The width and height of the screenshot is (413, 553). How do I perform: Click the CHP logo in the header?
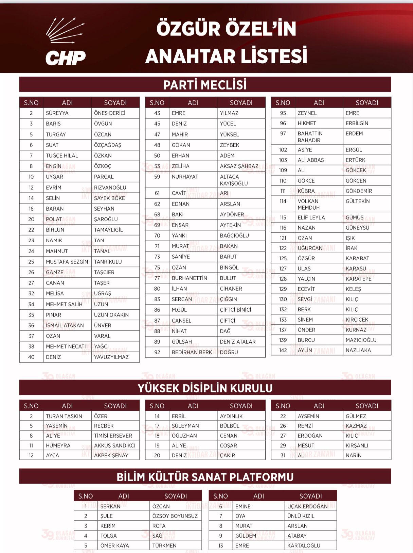tap(65, 42)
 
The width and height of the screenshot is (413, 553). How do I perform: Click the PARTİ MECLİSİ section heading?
tap(205, 85)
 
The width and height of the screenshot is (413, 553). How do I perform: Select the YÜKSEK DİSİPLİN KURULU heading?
tap(205, 388)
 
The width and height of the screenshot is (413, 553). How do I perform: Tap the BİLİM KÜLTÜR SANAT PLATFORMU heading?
tap(205, 477)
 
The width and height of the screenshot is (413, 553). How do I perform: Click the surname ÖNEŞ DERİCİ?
tap(109, 113)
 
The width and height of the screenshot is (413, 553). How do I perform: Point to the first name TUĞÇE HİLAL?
tap(62, 156)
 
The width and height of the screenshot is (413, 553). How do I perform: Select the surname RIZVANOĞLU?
tap(110, 188)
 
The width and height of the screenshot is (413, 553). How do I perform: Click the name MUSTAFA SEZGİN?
tap(67, 262)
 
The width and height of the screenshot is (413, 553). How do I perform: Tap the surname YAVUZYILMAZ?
tap(111, 357)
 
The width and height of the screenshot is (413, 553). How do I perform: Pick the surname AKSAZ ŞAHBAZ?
tap(239, 166)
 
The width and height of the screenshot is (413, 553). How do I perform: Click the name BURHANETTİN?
tap(189, 278)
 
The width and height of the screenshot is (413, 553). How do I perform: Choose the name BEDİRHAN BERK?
tap(192, 352)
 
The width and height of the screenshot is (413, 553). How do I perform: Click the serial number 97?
tap(283, 133)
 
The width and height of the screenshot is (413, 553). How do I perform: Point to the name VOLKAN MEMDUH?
tap(308, 204)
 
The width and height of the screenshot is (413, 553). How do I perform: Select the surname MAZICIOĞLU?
tap(361, 340)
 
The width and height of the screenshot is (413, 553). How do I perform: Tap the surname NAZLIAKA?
tap(358, 350)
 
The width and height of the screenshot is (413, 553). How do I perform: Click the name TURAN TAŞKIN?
tap(64, 416)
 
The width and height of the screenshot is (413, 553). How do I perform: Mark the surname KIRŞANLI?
tap(357, 445)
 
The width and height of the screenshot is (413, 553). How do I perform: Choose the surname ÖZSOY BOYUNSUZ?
tap(175, 516)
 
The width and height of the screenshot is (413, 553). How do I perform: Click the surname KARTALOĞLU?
tap(304, 546)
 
